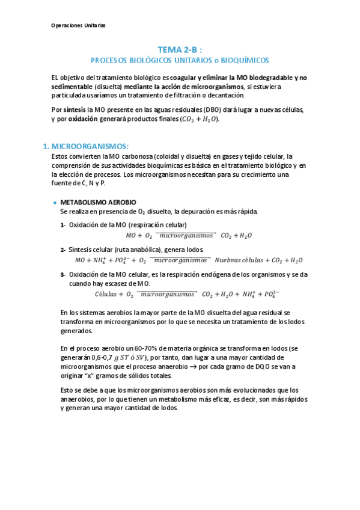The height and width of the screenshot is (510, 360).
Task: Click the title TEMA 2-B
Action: [180, 51]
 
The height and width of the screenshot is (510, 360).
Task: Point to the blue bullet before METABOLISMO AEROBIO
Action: [55, 203]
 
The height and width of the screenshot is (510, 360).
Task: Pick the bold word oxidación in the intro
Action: [82, 119]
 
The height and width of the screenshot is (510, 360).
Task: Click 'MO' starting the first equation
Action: [131, 235]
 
